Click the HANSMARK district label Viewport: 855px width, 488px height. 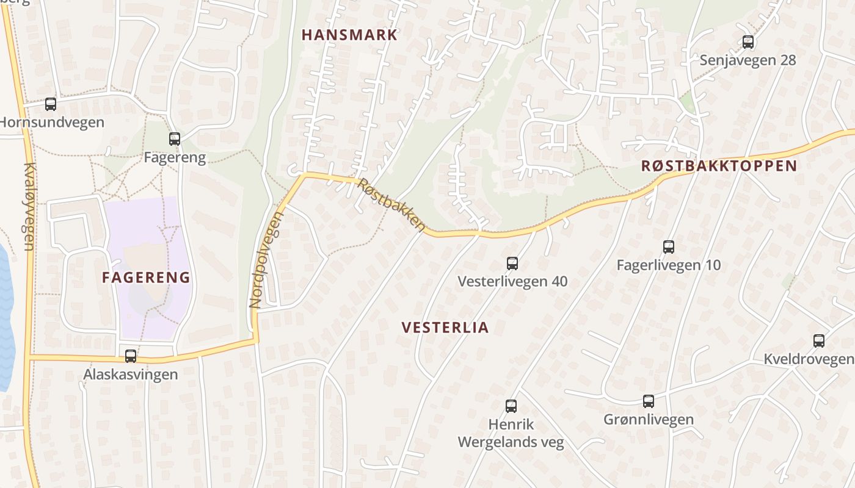(x=349, y=35)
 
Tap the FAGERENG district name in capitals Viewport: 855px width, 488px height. (x=146, y=278)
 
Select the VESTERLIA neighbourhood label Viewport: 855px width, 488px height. (x=445, y=328)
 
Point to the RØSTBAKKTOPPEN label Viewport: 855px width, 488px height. (x=719, y=166)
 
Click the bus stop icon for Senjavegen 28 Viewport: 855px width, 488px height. (x=748, y=42)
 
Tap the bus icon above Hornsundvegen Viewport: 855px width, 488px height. (x=51, y=104)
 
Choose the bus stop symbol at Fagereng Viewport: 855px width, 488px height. (x=175, y=139)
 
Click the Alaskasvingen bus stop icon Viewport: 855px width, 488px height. (x=131, y=356)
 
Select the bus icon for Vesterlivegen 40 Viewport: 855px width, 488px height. (x=512, y=264)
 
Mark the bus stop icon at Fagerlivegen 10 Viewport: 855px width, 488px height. (x=669, y=247)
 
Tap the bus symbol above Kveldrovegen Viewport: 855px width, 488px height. (x=819, y=341)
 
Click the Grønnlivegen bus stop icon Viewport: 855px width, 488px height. (x=649, y=401)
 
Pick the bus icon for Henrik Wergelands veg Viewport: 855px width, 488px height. (x=511, y=406)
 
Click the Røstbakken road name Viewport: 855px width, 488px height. (x=391, y=205)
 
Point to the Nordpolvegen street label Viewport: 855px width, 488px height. (x=267, y=260)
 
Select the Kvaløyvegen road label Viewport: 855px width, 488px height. (x=28, y=207)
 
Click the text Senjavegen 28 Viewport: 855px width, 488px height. (x=748, y=60)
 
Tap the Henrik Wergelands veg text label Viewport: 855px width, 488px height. (x=511, y=433)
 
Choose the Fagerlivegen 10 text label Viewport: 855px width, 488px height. (x=668, y=265)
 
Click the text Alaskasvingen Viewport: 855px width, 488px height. (x=131, y=374)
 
